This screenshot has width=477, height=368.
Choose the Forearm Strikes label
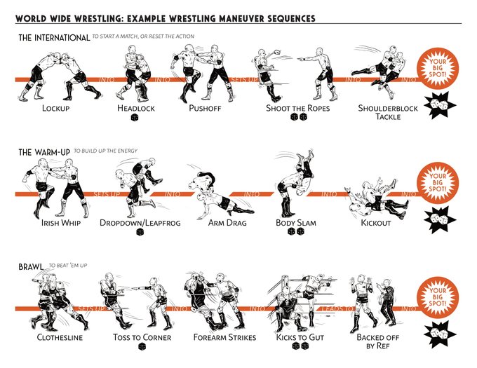[224, 337]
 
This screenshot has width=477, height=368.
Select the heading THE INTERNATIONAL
[53, 36]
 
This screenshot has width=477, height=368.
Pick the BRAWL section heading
[32, 266]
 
